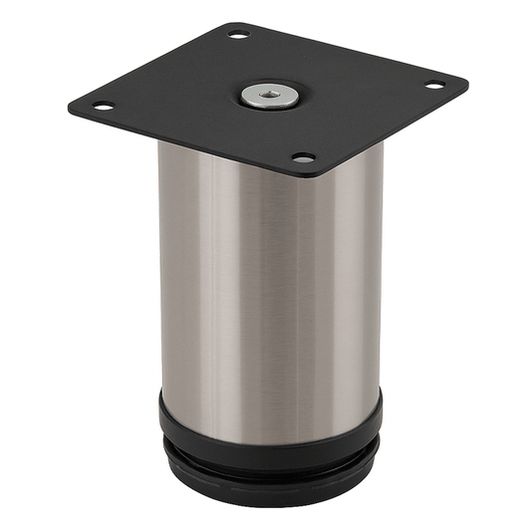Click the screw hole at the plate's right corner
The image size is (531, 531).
coord(435,85)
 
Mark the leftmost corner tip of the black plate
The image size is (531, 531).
coord(68,109)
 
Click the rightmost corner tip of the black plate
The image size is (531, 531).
coord(468,78)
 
